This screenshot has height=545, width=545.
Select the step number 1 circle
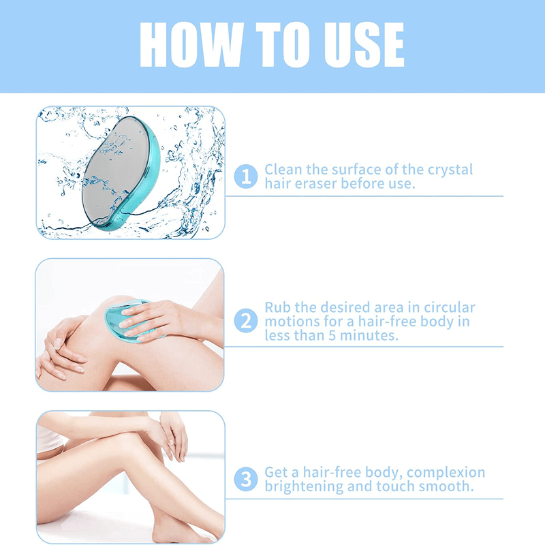[x=245, y=177]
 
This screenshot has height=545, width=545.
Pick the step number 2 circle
[x=245, y=320]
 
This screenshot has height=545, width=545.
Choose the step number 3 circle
[x=245, y=480]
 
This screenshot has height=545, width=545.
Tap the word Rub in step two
[x=277, y=308]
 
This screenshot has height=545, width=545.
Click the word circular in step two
[x=445, y=308]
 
